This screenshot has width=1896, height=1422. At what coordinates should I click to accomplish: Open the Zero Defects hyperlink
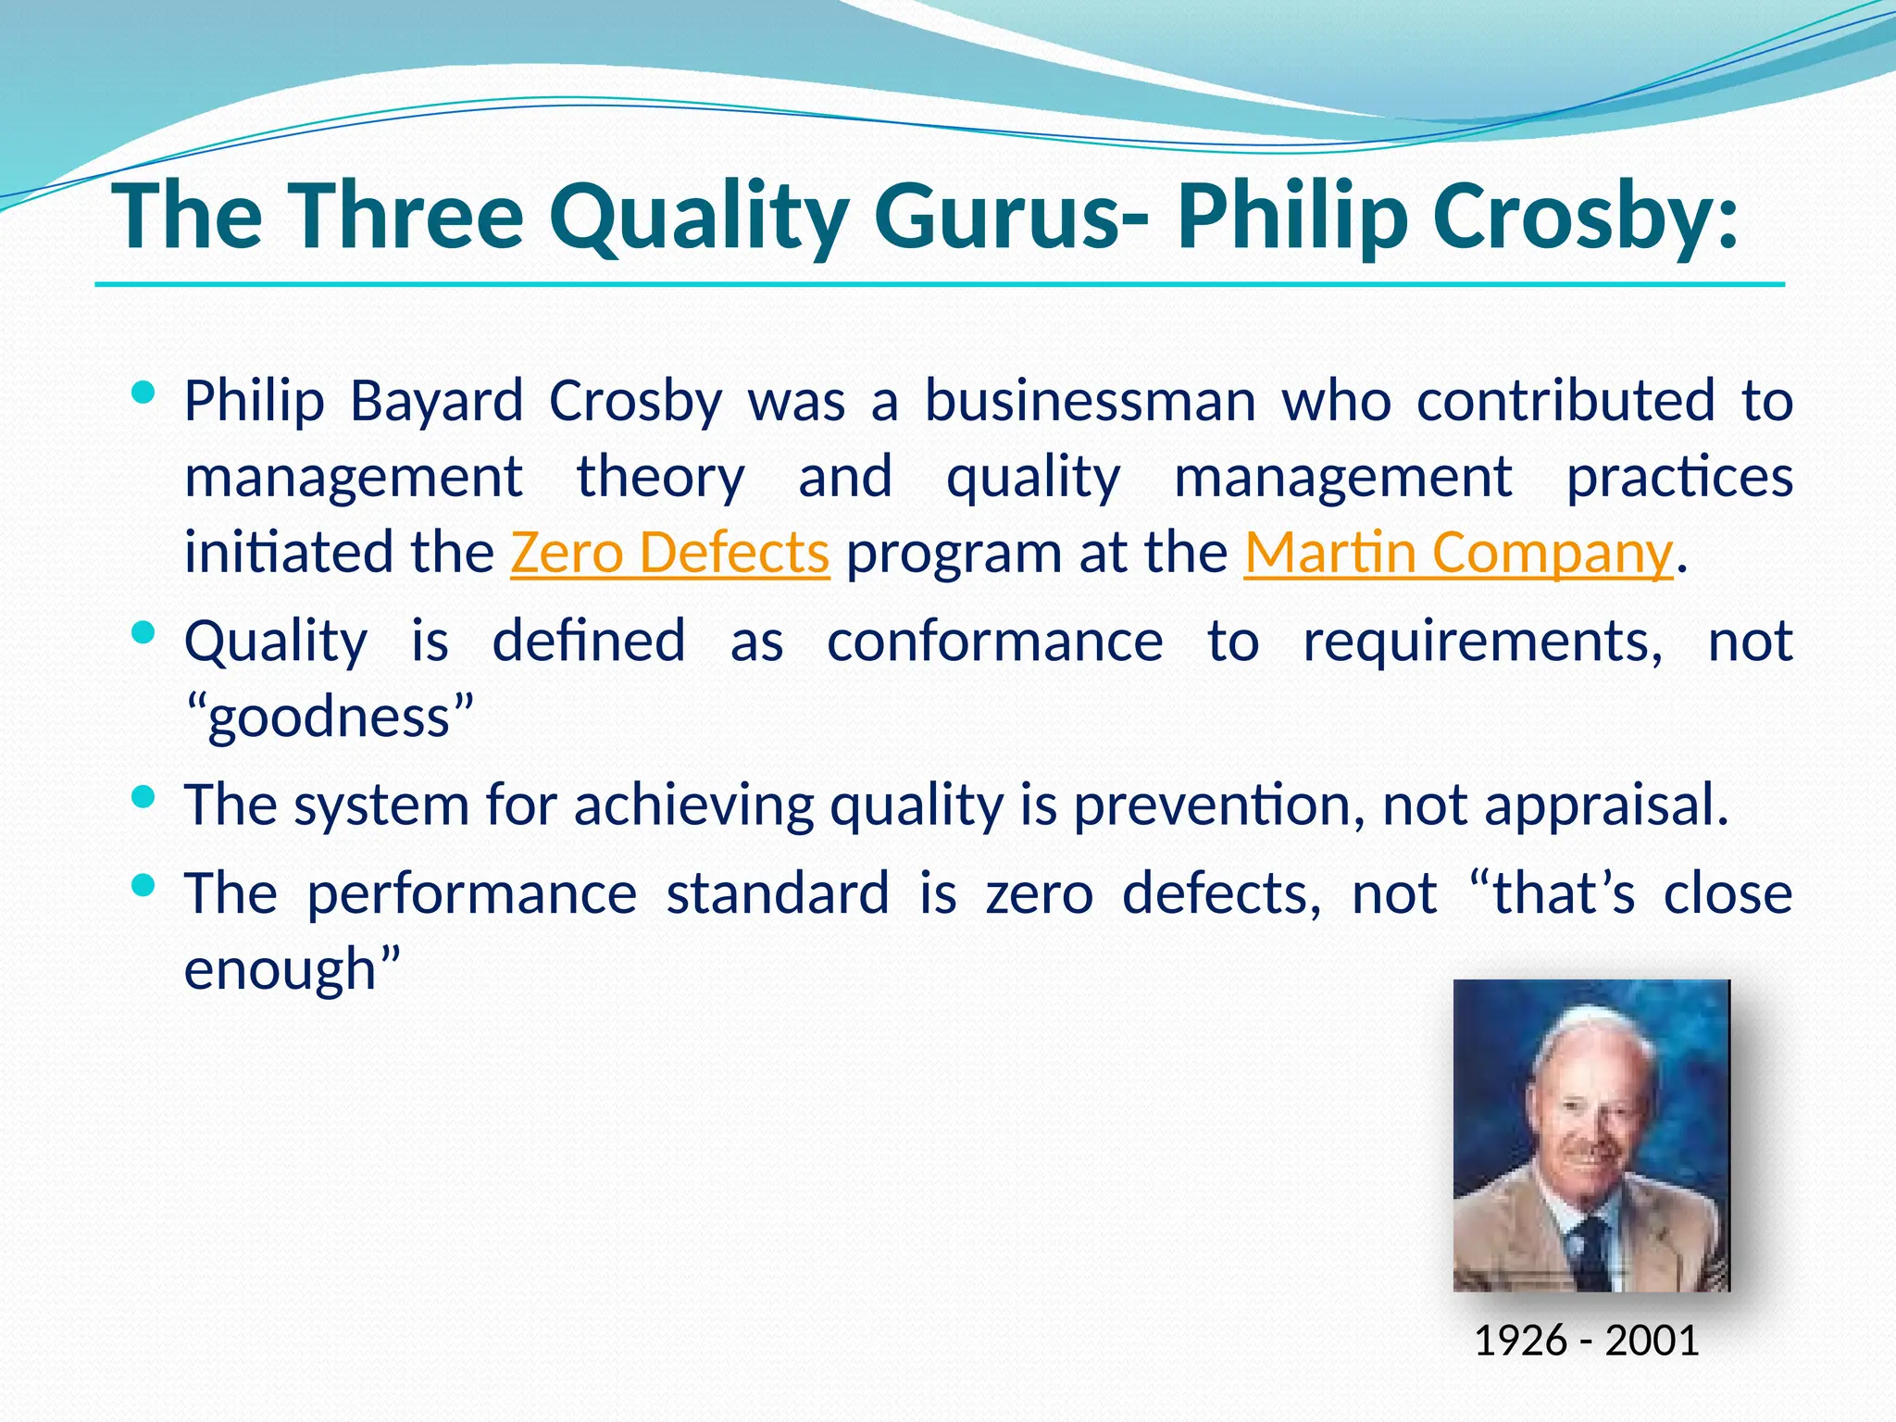coord(669,553)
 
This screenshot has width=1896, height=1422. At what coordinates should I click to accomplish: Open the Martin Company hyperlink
coord(1458,553)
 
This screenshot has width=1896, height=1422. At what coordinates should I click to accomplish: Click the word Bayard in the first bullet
coord(437,402)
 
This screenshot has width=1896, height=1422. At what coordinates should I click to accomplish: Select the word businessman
coord(1090,402)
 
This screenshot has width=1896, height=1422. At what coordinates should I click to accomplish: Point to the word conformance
coord(994,641)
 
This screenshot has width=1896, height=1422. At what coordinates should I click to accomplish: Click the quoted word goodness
coord(329,717)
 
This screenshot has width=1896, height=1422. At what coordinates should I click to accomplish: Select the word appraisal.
coord(1606,805)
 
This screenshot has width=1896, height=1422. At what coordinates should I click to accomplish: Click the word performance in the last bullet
coord(471,893)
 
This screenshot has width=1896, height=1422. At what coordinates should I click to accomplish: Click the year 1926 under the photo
coord(1519,1341)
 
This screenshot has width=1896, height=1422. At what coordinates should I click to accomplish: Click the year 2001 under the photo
coord(1653,1341)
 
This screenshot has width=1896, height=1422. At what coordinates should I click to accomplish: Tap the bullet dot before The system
coord(143,797)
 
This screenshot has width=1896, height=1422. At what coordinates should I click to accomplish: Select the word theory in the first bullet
coord(660,478)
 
